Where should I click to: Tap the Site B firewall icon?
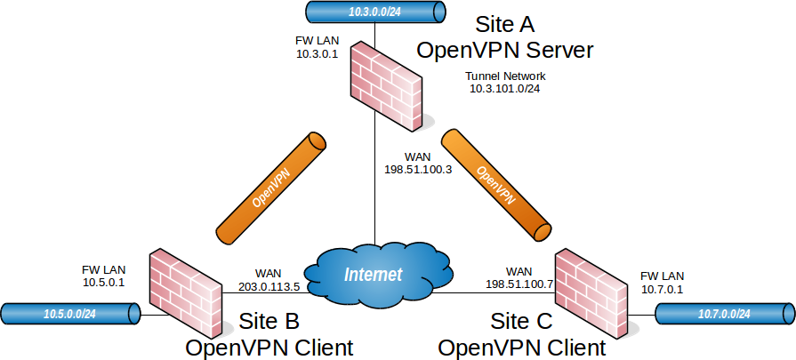pyautogui.click(x=185, y=288)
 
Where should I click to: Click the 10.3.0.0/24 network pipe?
pyautogui.click(x=374, y=12)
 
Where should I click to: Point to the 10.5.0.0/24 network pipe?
pyautogui.click(x=70, y=313)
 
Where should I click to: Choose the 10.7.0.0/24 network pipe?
pyautogui.click(x=723, y=314)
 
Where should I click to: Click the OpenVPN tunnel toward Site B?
pyautogui.click(x=270, y=188)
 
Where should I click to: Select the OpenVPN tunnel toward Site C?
pyautogui.click(x=497, y=185)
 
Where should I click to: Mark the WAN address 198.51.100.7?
pyautogui.click(x=519, y=284)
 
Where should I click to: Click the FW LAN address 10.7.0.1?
pyautogui.click(x=662, y=289)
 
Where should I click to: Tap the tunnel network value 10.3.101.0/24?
pyautogui.click(x=505, y=90)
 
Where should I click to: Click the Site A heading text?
pyautogui.click(x=506, y=22)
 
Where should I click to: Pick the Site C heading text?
pyautogui.click(x=522, y=320)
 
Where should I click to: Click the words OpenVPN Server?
pyautogui.click(x=504, y=49)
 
